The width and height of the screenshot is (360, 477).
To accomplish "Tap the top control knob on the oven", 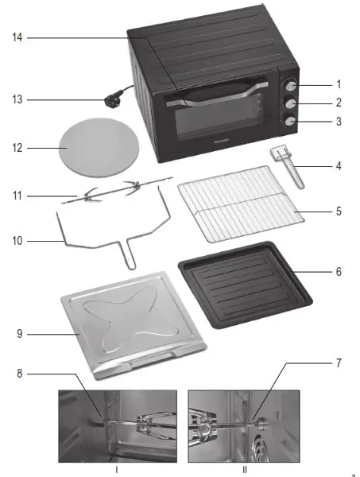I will [x=291, y=85].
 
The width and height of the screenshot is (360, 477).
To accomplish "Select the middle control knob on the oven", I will [x=291, y=103].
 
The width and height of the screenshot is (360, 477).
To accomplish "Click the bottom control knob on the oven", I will [x=291, y=121].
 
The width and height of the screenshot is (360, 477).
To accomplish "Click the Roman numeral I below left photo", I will [x=118, y=470].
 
